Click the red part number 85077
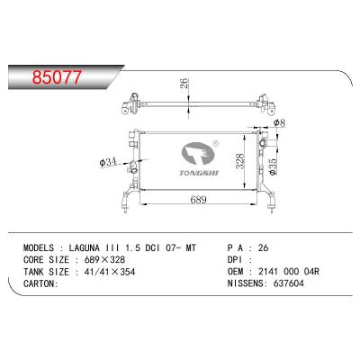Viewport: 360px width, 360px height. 57,76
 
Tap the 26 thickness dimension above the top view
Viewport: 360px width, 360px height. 184,83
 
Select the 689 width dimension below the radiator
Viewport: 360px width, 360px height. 198,200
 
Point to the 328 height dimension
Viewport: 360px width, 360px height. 240,161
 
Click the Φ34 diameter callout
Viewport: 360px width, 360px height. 107,162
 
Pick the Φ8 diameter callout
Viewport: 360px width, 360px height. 279,122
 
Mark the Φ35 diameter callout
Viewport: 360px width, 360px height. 272,167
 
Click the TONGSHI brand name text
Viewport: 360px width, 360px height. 199,173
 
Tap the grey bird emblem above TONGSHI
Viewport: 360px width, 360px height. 198,154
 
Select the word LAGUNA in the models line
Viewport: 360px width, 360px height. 85,248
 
